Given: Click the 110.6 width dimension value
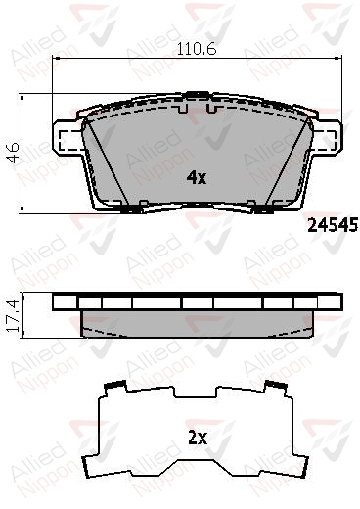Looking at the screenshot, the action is click(197, 49).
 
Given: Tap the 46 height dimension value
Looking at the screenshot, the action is click(14, 153).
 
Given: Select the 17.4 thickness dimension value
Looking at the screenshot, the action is click(13, 315).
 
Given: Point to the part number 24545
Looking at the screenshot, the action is click(333, 225).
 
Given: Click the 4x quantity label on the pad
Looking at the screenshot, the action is click(197, 178).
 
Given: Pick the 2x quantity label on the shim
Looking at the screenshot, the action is click(198, 439).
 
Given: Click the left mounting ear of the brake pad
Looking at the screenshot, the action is click(67, 138).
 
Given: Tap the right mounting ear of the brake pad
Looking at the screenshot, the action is click(326, 138).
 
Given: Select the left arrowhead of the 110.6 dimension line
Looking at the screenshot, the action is click(56, 59).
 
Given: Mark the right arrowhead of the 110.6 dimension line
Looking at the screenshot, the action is click(338, 59).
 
